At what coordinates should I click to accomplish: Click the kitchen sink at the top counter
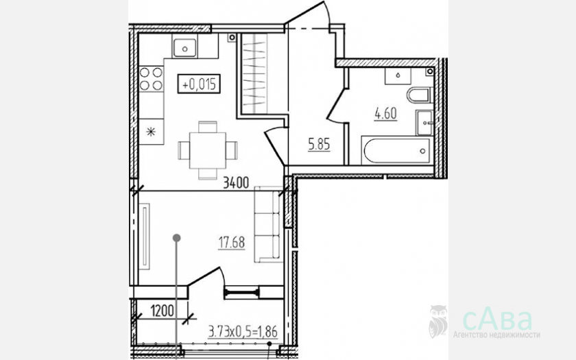pos(184,48)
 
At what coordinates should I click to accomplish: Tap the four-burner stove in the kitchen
pos(151,79)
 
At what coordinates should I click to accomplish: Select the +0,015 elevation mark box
pos(199,84)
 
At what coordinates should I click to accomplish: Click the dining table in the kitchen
pos(208,150)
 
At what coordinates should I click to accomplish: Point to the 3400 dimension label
pos(236,182)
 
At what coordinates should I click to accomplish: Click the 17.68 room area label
pos(232,243)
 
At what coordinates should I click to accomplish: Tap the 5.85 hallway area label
pos(319,145)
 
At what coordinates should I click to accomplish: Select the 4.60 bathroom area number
pos(385,114)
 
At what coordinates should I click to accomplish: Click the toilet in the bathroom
pos(419,95)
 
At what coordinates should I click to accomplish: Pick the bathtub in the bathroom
pos(397,150)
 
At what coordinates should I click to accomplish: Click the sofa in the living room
pos(268,224)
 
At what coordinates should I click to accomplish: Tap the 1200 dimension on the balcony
pos(162,311)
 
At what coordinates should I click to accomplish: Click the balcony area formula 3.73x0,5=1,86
pos(243,331)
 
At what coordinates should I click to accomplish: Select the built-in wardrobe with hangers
pos(254,74)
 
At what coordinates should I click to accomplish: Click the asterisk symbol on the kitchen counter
pos(151,132)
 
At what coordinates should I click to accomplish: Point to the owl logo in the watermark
pos(438,321)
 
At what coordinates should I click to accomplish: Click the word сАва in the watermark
pos(497,320)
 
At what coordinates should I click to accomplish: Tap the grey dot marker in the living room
pos(177,238)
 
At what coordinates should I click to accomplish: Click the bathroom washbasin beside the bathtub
pos(425,123)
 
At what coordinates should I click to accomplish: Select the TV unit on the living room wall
pos(145,236)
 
